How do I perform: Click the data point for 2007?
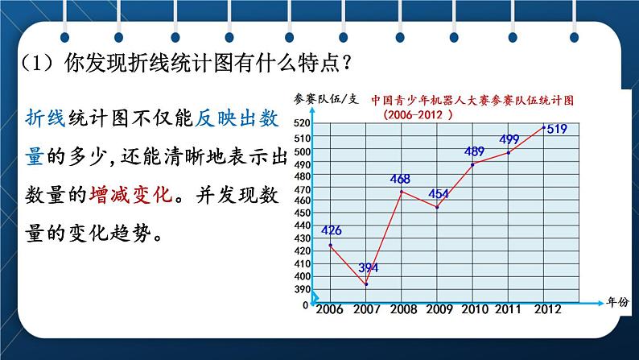(366, 284)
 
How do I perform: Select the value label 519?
(557, 129)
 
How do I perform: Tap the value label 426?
(332, 230)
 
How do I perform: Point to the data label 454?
(439, 193)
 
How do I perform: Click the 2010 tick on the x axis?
(474, 309)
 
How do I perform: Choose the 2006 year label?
(329, 309)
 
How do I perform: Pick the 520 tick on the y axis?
(302, 122)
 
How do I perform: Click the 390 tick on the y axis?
(302, 289)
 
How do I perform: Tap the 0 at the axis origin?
(305, 305)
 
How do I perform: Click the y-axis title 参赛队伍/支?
(326, 99)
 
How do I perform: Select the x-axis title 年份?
(617, 302)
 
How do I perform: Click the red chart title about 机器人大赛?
(472, 101)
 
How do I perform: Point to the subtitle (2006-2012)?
(418, 114)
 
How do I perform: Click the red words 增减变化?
(131, 194)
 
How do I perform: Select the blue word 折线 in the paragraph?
(45, 118)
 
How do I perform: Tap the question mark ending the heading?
(347, 62)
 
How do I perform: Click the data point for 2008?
(402, 191)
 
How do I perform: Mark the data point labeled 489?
(472, 165)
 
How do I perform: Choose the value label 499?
(509, 139)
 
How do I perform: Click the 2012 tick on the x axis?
(548, 309)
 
